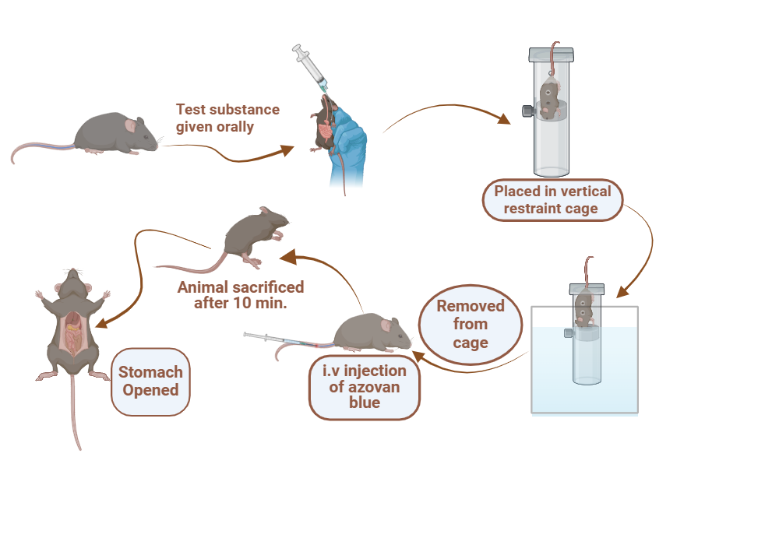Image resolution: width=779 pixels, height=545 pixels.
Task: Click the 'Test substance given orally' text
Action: point(227,118)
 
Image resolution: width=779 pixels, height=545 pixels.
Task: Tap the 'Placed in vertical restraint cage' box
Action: point(552,199)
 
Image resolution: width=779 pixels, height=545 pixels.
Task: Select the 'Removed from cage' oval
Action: point(470,323)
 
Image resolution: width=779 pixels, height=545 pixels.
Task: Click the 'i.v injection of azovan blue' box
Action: point(365,386)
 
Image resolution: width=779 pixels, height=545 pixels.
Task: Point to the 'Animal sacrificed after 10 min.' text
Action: point(241,295)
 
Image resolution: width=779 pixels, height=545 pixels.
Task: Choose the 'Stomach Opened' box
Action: point(150,381)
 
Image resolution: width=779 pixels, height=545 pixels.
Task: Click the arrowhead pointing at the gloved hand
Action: point(289,149)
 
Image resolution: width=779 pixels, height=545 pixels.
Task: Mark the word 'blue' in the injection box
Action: point(365,403)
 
